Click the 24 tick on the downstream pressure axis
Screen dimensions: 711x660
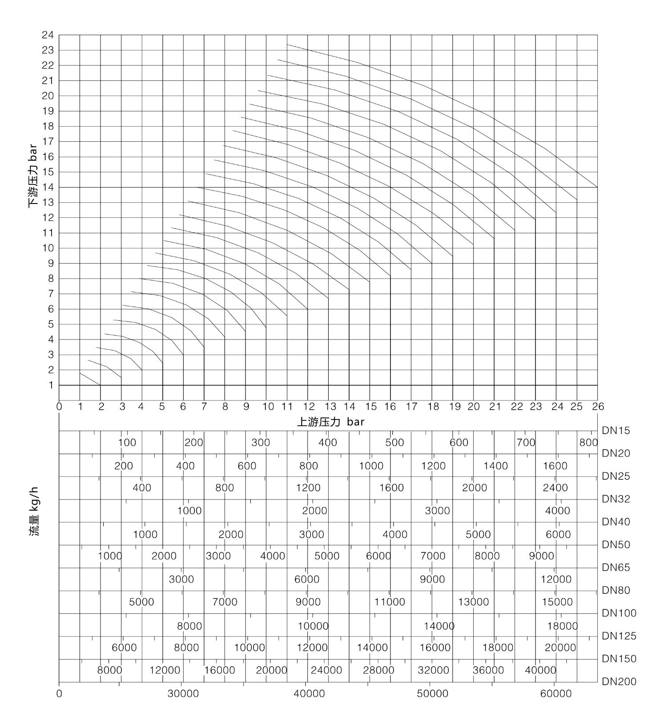tap(48, 35)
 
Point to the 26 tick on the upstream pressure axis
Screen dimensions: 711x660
tap(598, 406)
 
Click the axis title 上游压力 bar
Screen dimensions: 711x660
tap(330, 422)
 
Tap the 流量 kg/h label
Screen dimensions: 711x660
tap(34, 511)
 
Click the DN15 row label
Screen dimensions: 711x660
tap(616, 431)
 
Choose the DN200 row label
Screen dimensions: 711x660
tap(619, 682)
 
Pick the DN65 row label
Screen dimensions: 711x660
tap(616, 567)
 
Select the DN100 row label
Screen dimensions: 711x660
tap(618, 613)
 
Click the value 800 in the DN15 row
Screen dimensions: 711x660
tap(588, 443)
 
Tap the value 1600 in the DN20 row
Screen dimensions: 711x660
tap(555, 466)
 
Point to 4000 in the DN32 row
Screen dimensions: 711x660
tap(557, 511)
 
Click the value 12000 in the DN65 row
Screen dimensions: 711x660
tap(556, 579)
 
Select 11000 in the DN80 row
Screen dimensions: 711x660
tap(390, 602)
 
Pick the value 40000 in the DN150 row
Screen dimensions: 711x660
tap(540, 670)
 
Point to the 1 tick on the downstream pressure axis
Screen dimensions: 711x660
tap(51, 385)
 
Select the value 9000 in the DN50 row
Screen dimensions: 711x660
tap(541, 556)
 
